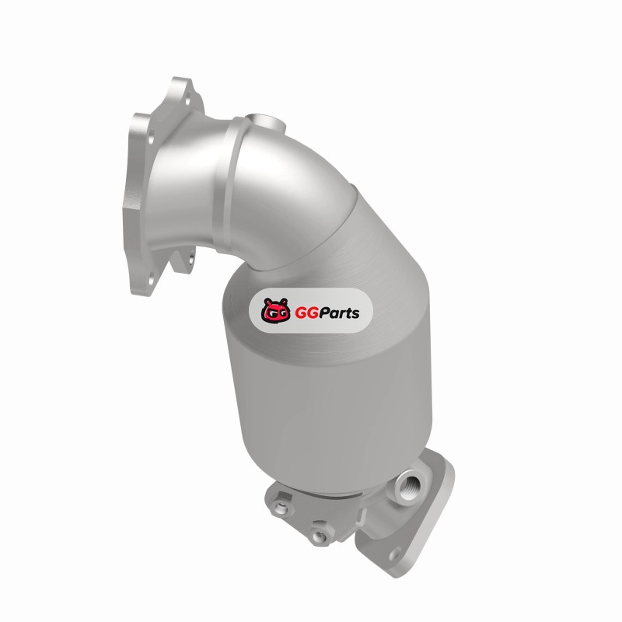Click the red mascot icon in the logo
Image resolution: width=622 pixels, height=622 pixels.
(276, 310)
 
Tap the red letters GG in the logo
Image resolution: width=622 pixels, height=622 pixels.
(306, 313)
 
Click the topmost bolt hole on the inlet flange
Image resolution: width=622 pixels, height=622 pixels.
(187, 100)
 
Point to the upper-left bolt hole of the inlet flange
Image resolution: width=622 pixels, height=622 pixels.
(151, 139)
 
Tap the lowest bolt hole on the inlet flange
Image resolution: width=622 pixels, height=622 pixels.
(151, 281)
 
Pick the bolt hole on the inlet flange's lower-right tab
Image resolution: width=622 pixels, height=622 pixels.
(191, 260)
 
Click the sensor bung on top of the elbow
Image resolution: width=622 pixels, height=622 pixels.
(265, 123)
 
